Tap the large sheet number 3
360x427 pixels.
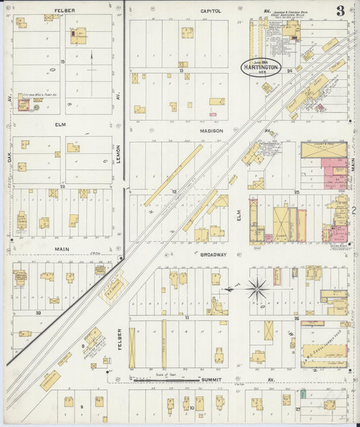(340, 10)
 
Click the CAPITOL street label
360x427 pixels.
(211, 11)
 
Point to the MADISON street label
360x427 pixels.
(211, 130)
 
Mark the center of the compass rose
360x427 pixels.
(257, 290)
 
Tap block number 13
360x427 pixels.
(181, 70)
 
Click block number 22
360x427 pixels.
(62, 185)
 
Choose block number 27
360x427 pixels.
(297, 409)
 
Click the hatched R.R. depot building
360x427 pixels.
(113, 286)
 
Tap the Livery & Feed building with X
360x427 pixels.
(324, 151)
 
